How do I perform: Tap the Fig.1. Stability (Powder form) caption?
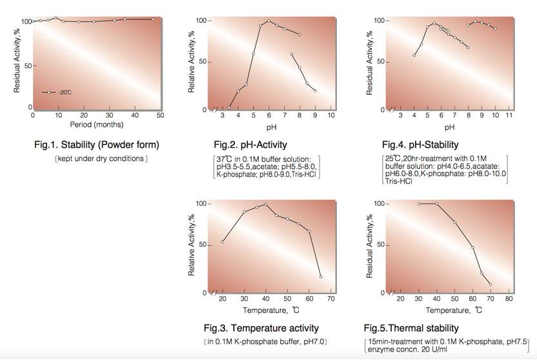click(x=96, y=145)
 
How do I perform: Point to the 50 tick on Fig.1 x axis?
click(x=160, y=115)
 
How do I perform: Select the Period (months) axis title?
click(x=97, y=125)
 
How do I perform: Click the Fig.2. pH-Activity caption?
click(x=250, y=145)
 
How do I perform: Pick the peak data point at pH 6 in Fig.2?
click(x=269, y=21)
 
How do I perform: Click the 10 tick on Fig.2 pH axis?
click(x=331, y=115)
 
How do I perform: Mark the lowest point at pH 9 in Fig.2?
click(x=316, y=91)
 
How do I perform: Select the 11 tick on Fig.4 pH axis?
click(x=509, y=115)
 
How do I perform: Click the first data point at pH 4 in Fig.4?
click(x=414, y=55)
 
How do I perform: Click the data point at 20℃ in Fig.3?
click(x=223, y=242)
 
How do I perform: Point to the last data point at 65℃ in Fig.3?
click(x=321, y=277)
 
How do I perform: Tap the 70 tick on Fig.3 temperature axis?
click(x=331, y=299)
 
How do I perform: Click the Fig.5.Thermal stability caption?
click(x=411, y=328)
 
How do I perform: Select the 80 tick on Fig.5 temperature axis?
click(x=509, y=299)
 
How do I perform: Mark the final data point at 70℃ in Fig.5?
click(x=491, y=285)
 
